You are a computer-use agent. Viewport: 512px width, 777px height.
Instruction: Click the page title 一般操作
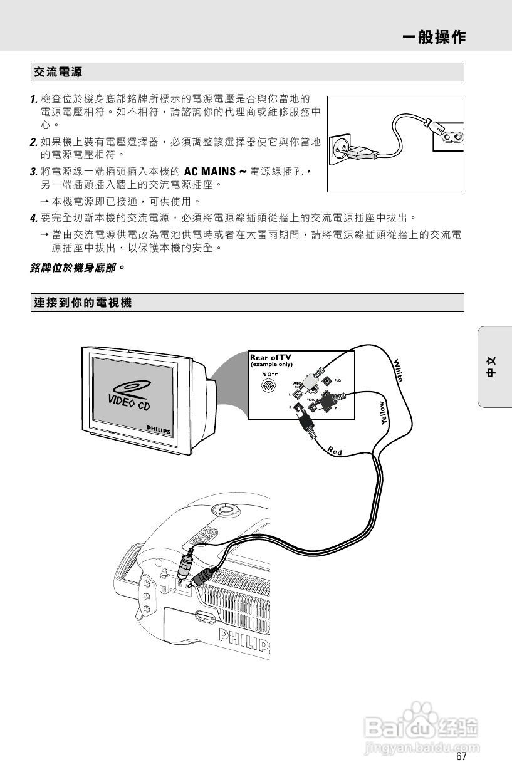[x=434, y=37]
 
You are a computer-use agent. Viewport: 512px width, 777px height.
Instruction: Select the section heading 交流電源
[x=58, y=73]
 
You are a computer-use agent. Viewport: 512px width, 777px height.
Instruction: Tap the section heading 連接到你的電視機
[x=83, y=303]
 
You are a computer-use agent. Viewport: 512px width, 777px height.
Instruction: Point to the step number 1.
[x=34, y=100]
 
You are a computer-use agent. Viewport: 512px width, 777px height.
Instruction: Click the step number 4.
[x=34, y=218]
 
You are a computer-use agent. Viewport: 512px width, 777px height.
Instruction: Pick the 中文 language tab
[x=493, y=367]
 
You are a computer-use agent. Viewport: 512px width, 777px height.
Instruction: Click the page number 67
[x=461, y=756]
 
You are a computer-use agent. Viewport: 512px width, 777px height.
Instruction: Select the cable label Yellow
[x=385, y=413]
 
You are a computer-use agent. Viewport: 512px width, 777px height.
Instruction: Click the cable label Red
[x=335, y=450]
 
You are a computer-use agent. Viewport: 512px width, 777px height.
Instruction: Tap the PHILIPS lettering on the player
[x=244, y=640]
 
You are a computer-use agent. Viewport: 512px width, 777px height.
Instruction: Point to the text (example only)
[x=271, y=365]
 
